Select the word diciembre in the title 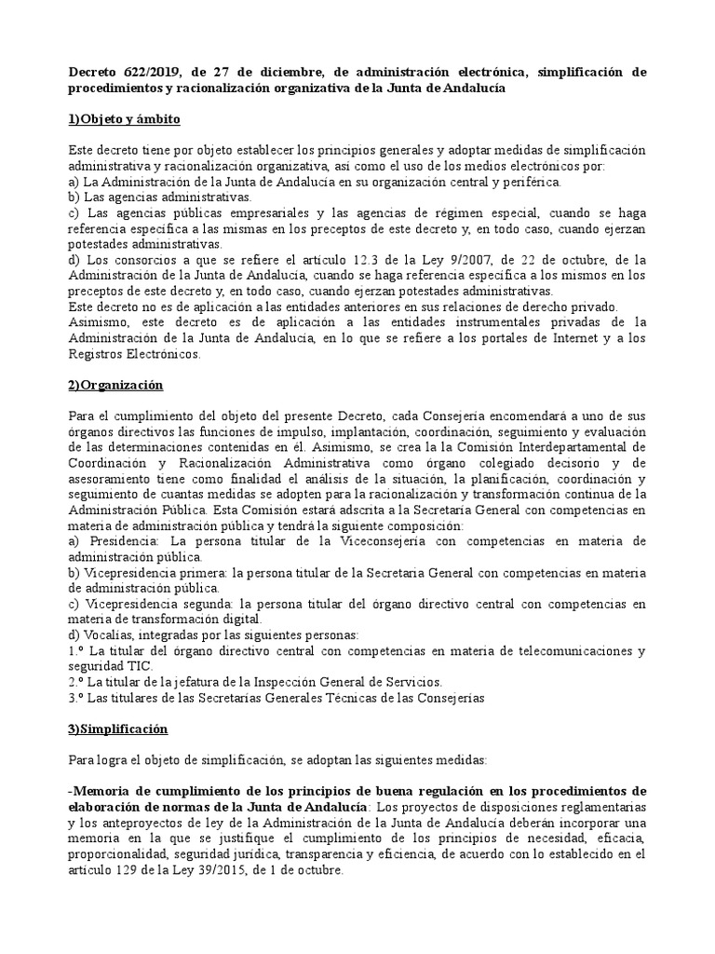pos(273,72)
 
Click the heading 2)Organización pos(116,385)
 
